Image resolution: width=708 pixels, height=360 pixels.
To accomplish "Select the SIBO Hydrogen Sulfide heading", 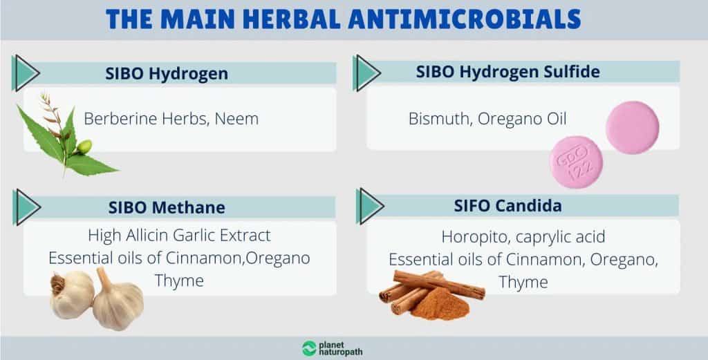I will click(x=507, y=72).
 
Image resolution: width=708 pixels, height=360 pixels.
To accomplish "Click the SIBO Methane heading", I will click(x=167, y=207).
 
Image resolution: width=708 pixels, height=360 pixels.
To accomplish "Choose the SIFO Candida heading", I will click(x=508, y=206).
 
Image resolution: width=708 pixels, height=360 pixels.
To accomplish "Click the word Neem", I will click(x=236, y=119).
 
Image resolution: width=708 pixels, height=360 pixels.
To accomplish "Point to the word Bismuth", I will click(x=436, y=119).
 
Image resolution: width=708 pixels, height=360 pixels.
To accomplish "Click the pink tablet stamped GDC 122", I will click(x=576, y=162).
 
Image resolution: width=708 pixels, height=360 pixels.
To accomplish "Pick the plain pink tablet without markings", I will click(x=632, y=127).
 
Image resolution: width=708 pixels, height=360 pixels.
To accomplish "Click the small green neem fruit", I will click(x=85, y=146).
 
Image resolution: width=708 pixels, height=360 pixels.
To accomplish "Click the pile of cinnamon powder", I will click(x=440, y=304).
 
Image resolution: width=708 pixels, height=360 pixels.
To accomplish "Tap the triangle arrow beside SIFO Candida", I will click(x=369, y=206).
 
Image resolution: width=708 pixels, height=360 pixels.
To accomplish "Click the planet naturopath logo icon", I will click(x=309, y=348).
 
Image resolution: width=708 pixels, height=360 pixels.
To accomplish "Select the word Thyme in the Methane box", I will click(x=179, y=281).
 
